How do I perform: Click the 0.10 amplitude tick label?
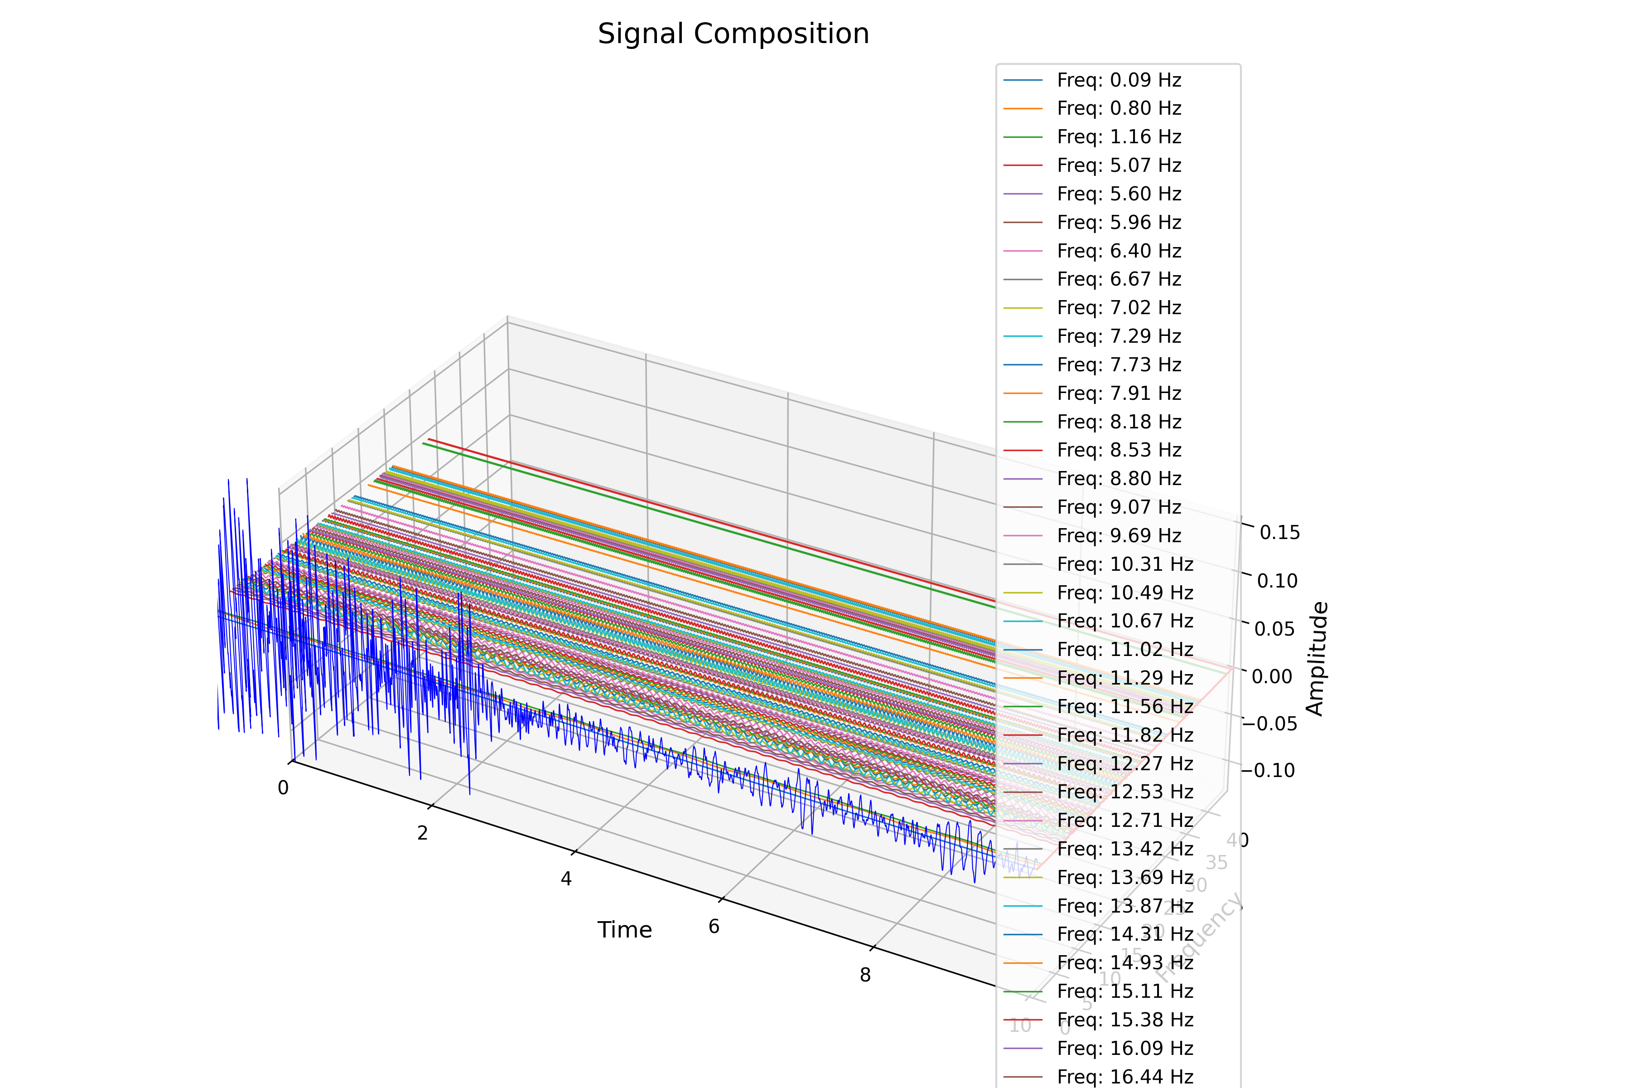pyautogui.click(x=1277, y=581)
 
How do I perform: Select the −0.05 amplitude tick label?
pyautogui.click(x=1269, y=724)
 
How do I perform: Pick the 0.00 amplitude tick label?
pyautogui.click(x=1272, y=676)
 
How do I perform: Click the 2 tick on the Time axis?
pyautogui.click(x=422, y=833)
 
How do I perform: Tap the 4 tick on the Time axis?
pyautogui.click(x=566, y=879)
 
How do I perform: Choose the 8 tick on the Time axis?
pyautogui.click(x=865, y=976)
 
